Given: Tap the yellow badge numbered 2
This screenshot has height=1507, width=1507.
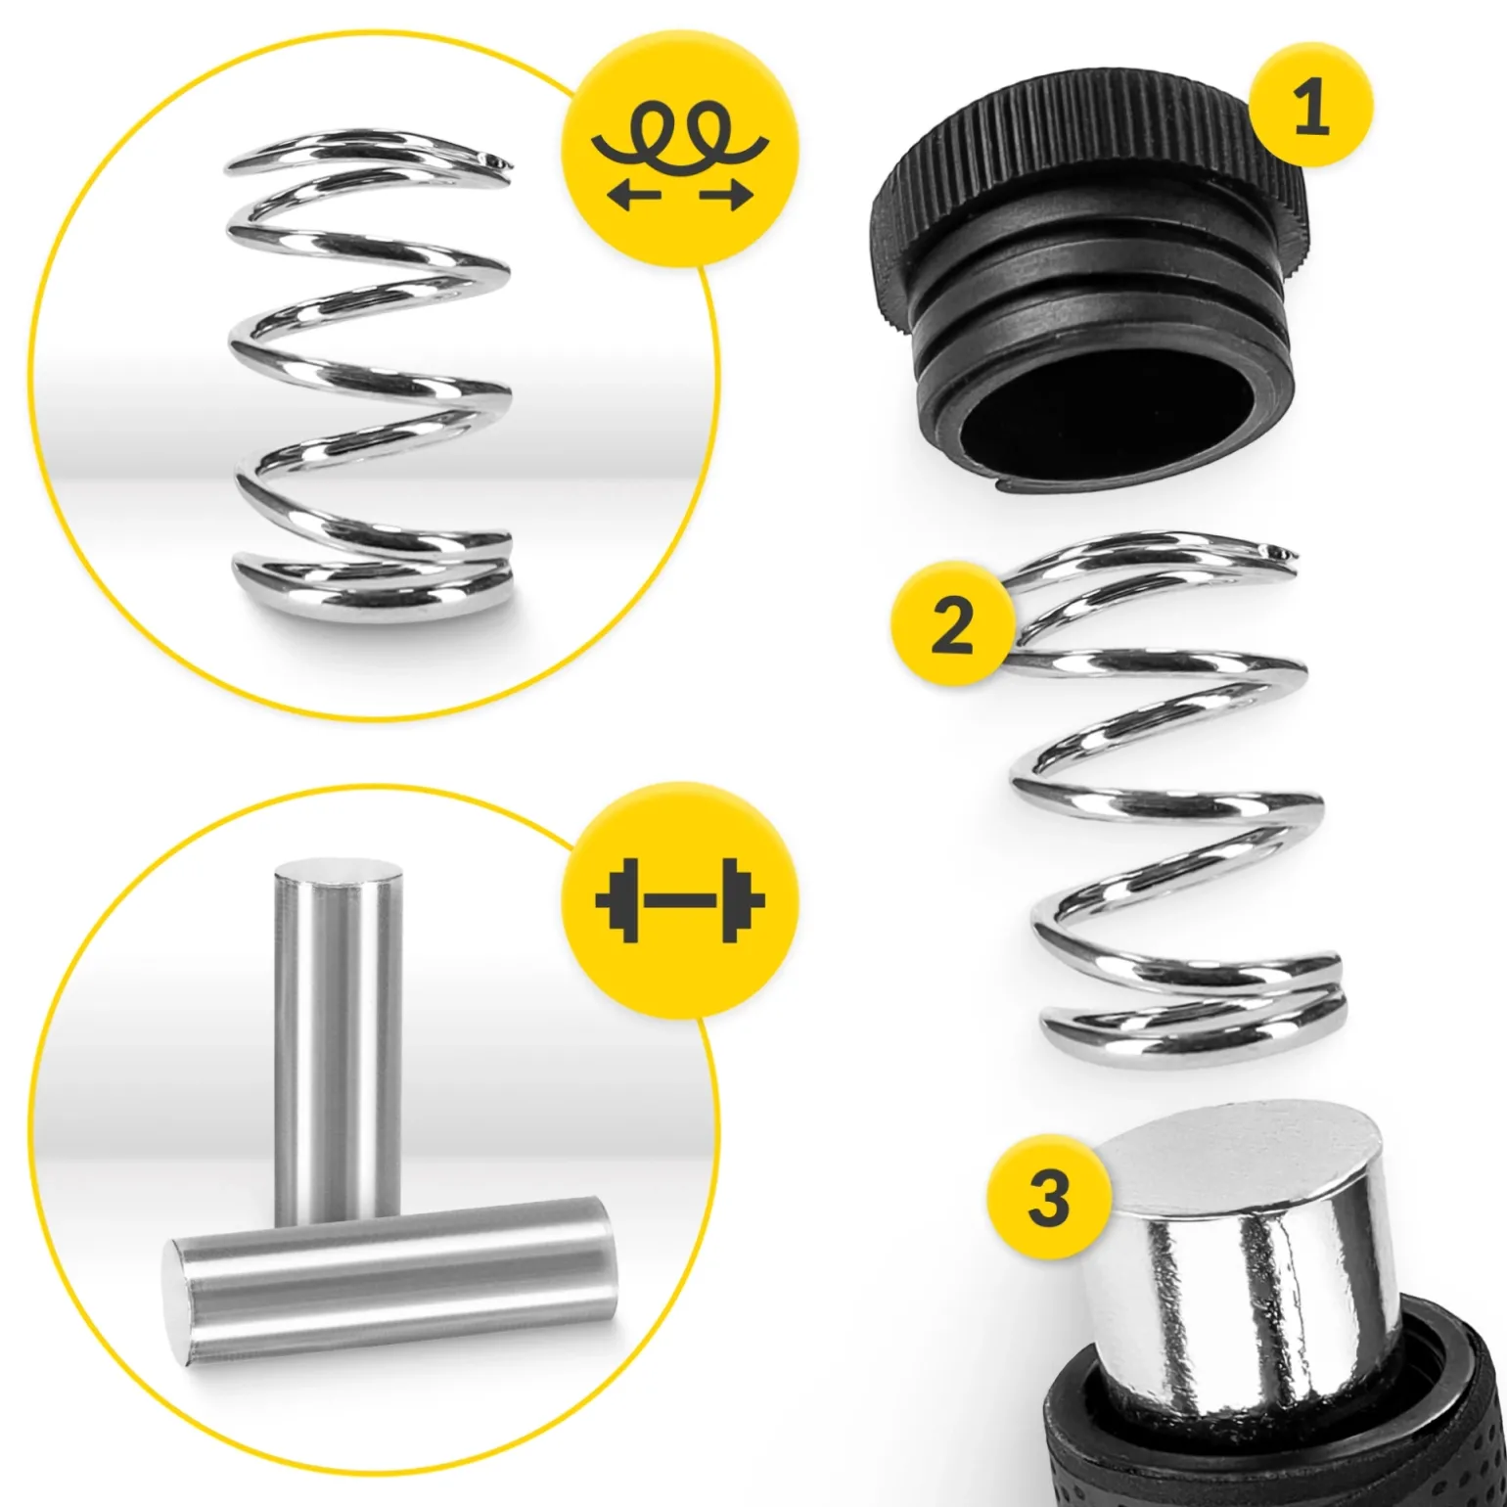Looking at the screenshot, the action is tap(952, 624).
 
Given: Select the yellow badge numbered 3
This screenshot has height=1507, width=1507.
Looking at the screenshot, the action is tap(1049, 1196).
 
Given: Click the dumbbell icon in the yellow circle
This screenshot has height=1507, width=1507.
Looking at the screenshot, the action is tap(680, 900).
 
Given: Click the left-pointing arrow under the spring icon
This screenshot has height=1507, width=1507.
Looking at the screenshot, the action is tap(633, 196).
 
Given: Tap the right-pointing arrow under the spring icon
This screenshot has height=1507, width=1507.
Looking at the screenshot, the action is tap(726, 196).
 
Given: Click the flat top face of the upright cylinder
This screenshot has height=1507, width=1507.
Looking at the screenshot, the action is tap(338, 871).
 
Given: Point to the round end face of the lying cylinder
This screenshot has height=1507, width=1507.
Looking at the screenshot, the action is tap(181, 1301).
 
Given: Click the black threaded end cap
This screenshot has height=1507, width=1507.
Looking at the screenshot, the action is tap(1086, 284).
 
